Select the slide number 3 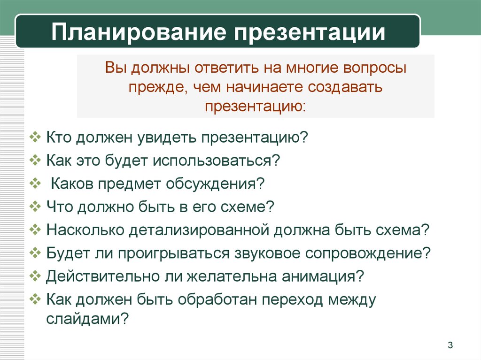pyautogui.click(x=450, y=345)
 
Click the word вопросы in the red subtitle pyautogui.click(x=374, y=68)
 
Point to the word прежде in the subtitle pyautogui.click(x=158, y=87)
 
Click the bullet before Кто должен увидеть pyautogui.click(x=35, y=137)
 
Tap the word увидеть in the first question pyautogui.click(x=167, y=138)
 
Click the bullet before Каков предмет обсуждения pyautogui.click(x=35, y=184)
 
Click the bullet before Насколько pyautogui.click(x=35, y=230)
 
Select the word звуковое pyautogui.click(x=267, y=253)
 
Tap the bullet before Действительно pyautogui.click(x=35, y=276)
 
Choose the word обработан pyautogui.click(x=217, y=299)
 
